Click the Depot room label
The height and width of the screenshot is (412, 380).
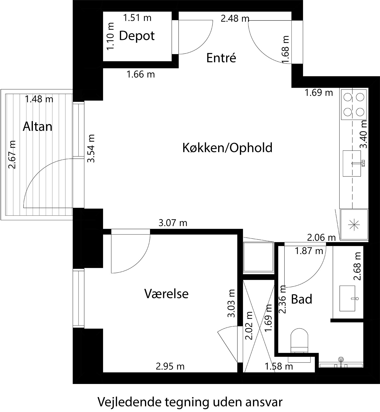pyautogui.click(x=137, y=36)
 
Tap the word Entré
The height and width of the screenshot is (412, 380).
pyautogui.click(x=221, y=58)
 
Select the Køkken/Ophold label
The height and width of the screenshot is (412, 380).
pyautogui.click(x=227, y=148)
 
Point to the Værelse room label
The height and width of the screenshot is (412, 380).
pyautogui.click(x=166, y=294)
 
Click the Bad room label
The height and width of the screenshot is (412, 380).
pyautogui.click(x=301, y=299)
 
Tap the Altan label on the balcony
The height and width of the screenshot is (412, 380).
pyautogui.click(x=37, y=126)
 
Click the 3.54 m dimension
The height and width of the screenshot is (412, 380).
pyautogui.click(x=91, y=148)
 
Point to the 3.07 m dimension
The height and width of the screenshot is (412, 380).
pyautogui.click(x=173, y=223)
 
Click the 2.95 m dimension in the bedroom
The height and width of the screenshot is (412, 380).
pyautogui.click(x=170, y=366)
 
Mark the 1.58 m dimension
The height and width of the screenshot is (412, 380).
pyautogui.click(x=279, y=366)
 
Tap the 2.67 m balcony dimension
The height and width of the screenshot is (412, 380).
pyautogui.click(x=12, y=154)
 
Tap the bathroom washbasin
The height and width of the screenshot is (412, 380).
pyautogui.click(x=348, y=299)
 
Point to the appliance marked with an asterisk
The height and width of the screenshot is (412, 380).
pyautogui.click(x=354, y=224)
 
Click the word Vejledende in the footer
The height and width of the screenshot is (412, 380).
pyautogui.click(x=129, y=402)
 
